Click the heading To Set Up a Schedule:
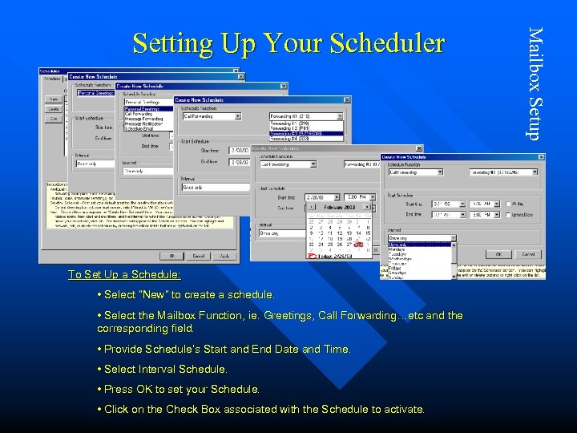124,274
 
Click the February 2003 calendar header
339,206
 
